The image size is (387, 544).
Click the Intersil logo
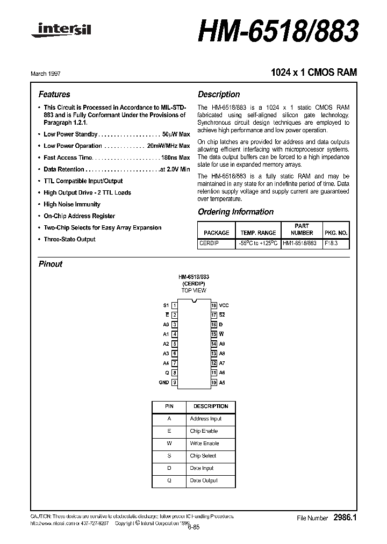[x=62, y=32]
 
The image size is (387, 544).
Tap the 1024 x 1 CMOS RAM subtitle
[x=311, y=73]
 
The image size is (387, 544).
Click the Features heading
[x=54, y=94]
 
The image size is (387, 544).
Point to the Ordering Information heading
[x=235, y=212]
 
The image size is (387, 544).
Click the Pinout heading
[x=51, y=264]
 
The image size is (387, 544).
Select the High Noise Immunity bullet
[x=72, y=204]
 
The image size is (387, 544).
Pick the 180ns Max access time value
[x=176, y=158]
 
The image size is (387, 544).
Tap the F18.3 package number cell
[x=331, y=243]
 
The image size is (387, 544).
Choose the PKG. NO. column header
[x=336, y=233]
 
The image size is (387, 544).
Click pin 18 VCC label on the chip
[x=224, y=305]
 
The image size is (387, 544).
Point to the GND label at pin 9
[x=163, y=382]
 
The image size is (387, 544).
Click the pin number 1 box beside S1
[x=174, y=305]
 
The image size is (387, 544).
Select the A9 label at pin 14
[x=222, y=343]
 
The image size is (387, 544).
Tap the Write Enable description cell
[x=204, y=443]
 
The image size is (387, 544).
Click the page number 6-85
[x=193, y=527]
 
